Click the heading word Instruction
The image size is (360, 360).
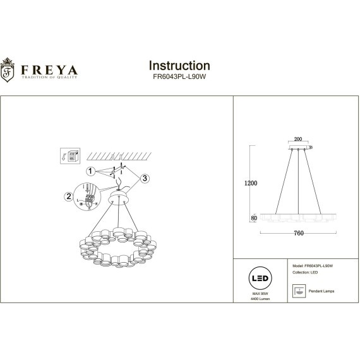[x=179, y=66]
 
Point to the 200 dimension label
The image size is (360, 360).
[x=298, y=141]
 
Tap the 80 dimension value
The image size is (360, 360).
[x=254, y=217]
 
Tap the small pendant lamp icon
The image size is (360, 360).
[x=299, y=291]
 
